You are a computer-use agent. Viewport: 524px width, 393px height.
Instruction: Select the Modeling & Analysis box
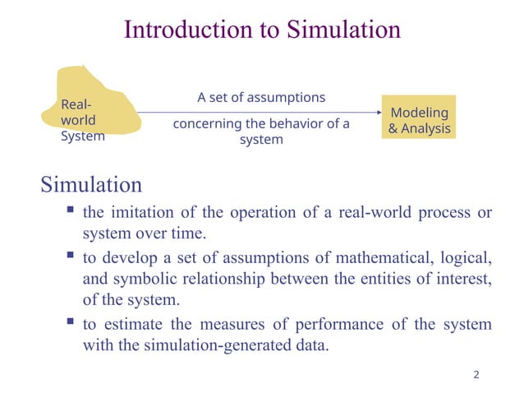(x=419, y=120)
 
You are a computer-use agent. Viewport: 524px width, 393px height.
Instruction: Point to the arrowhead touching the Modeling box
(x=379, y=113)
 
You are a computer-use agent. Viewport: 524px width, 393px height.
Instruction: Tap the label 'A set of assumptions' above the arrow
(x=261, y=97)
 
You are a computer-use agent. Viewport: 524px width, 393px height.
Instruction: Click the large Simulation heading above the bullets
(x=91, y=183)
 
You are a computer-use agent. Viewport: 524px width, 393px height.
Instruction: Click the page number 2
(x=476, y=376)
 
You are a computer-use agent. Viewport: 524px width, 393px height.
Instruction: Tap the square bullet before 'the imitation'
(x=70, y=211)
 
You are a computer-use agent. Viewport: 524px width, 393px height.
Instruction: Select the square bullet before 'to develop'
(x=70, y=257)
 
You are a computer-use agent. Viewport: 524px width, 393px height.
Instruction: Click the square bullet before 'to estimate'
(x=70, y=323)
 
